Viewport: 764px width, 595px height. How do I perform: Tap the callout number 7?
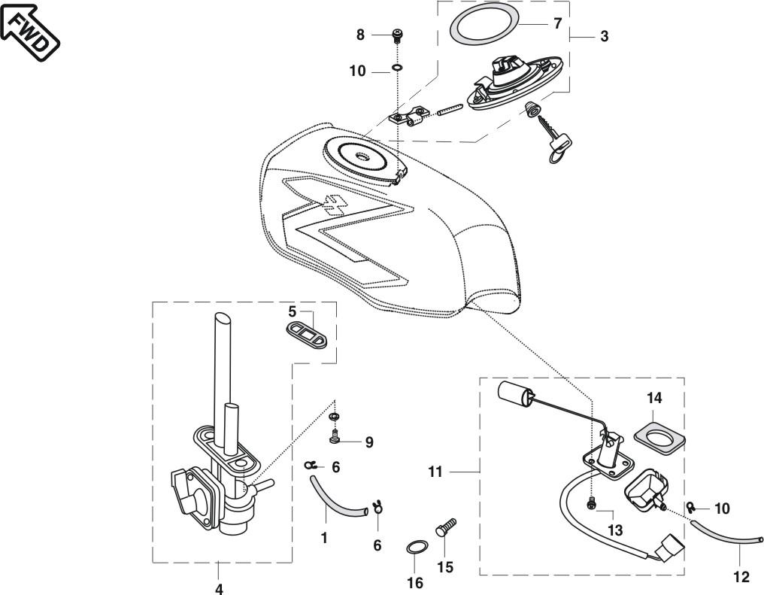point(557,24)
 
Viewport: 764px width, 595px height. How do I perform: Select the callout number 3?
point(605,36)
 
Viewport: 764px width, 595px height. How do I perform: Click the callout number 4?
point(219,587)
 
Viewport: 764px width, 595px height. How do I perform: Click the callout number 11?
point(435,472)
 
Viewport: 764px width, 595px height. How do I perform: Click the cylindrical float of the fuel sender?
point(514,393)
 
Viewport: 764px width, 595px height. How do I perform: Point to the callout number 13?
point(615,530)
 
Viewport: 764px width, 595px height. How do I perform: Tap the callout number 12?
point(741,577)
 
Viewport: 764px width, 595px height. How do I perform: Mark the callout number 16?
point(415,582)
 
